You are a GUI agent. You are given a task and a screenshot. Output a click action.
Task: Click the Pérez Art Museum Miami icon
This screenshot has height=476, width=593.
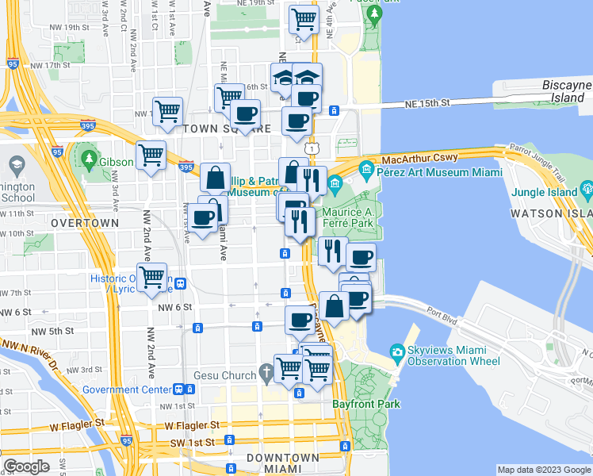366,169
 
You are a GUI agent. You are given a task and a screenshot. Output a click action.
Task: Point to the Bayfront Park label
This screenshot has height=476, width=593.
367,405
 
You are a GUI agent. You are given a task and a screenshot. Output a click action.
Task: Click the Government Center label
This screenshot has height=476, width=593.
126,390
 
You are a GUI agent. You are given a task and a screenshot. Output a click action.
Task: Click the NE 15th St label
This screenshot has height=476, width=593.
427,103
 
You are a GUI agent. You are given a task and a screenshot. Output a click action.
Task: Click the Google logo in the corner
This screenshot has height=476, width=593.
27,466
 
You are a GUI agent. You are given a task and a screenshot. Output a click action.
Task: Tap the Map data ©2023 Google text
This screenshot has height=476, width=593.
543,470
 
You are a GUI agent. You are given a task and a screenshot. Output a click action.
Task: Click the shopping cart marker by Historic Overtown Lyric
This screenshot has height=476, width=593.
151,278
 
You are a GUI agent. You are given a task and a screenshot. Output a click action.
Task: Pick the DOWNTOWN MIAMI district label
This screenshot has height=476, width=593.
282,464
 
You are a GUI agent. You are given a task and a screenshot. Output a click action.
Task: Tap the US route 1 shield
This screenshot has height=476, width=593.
314,148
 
